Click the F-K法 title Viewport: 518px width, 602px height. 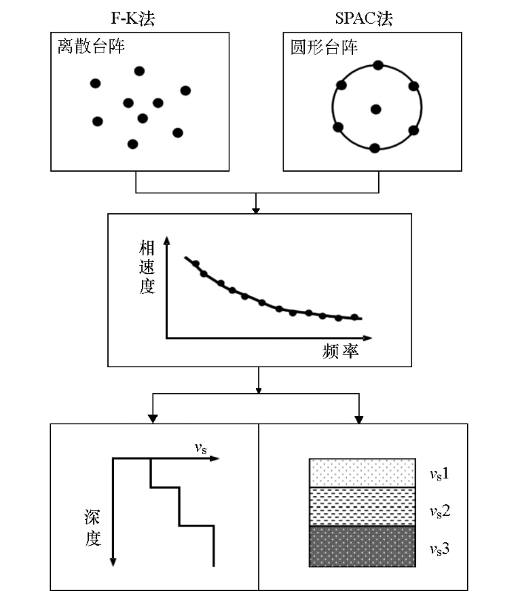click(132, 18)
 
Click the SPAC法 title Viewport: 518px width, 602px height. click(364, 18)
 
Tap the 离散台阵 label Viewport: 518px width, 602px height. click(91, 47)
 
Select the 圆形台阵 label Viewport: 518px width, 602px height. click(324, 47)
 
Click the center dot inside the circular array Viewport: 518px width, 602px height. click(376, 110)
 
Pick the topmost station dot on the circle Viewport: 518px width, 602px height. click(378, 65)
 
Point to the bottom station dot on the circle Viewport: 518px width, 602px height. click(374, 148)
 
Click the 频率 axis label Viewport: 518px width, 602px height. click(340, 351)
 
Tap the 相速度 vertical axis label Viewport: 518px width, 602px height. click(147, 267)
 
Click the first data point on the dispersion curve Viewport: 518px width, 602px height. click(195, 264)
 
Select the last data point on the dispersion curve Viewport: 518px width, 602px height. click(354, 317)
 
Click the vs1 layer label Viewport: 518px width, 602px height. click(440, 475)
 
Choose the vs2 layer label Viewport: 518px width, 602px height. click(440, 512)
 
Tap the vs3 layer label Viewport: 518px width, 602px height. click(440, 549)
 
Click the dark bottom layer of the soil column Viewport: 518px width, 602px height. click(362, 546)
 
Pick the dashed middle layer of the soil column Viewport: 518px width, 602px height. click(362, 506)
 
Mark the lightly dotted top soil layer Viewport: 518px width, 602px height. click(362, 473)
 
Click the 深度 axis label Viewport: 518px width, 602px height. click(92, 528)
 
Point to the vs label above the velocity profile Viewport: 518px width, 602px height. click(201, 448)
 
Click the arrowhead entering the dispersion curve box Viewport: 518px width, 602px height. click(256, 210)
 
